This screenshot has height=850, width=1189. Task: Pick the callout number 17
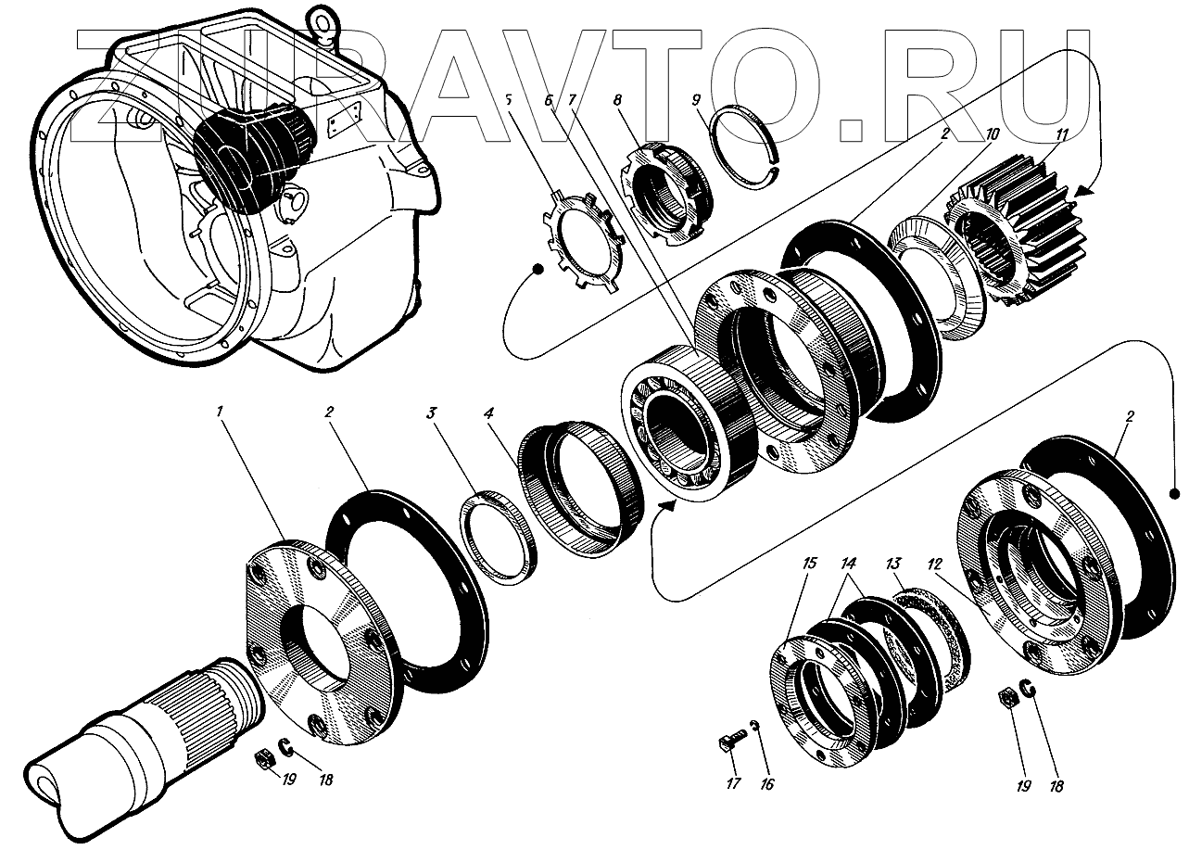pyautogui.click(x=733, y=785)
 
